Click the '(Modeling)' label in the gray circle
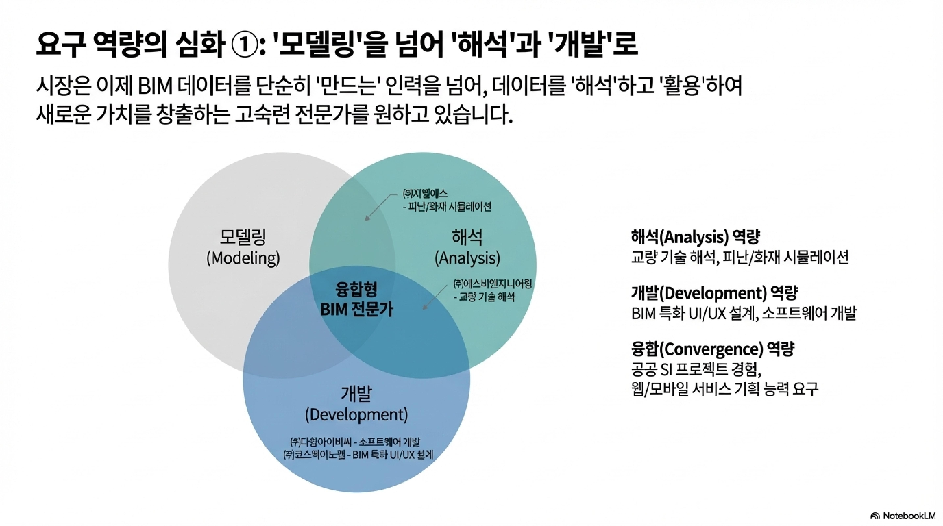(x=243, y=258)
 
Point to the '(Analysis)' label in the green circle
(x=467, y=258)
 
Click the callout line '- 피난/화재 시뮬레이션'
(x=447, y=207)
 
